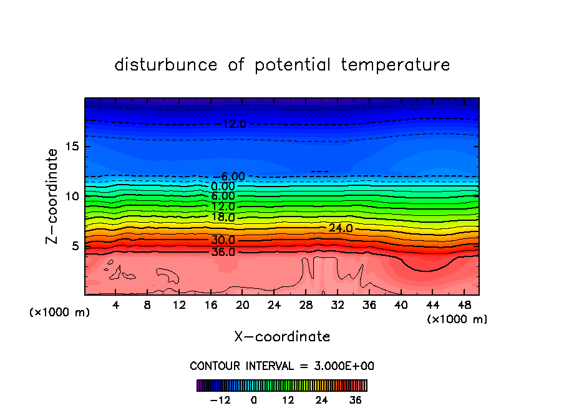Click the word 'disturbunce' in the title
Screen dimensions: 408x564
167,65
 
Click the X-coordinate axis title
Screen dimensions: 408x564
282,337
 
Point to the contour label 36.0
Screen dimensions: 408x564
223,252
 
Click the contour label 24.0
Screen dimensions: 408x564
341,228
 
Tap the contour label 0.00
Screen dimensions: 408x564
223,186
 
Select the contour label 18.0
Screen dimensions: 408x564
223,218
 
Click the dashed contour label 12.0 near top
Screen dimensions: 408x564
234,124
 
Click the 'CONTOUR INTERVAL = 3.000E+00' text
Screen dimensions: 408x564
282,366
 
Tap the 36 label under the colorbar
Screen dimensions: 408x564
355,400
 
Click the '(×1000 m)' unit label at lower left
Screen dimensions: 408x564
60,313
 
